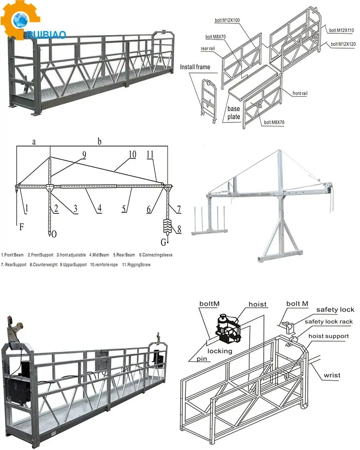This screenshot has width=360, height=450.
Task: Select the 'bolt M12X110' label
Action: point(342,31)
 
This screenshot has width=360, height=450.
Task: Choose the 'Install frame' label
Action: point(195,67)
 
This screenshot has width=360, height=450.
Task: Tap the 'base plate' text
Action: point(234,113)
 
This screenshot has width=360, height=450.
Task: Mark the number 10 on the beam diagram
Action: point(131,154)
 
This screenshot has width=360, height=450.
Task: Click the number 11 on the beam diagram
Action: point(151,154)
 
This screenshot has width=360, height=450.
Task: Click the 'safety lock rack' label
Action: point(328,322)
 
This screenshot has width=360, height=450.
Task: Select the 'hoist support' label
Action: point(328,336)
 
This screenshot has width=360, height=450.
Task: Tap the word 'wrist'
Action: point(332,375)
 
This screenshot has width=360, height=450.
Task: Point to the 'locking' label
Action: point(220,351)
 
